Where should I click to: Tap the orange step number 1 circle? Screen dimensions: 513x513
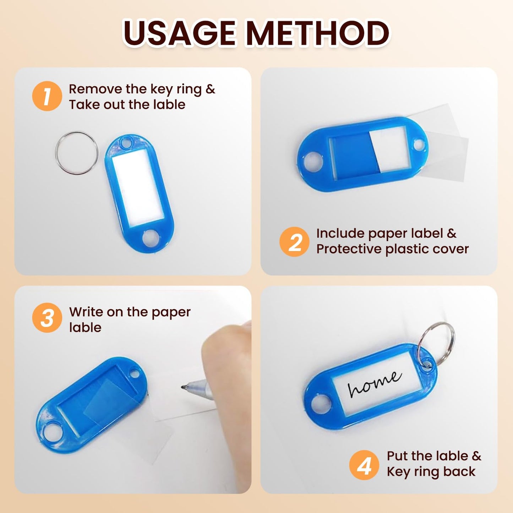click(x=47, y=96)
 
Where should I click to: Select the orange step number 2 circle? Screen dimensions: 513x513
click(x=294, y=242)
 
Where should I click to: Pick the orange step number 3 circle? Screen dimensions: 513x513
click(x=47, y=318)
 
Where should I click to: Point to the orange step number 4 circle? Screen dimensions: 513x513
click(x=364, y=465)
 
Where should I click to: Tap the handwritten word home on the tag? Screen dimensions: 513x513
click(x=375, y=384)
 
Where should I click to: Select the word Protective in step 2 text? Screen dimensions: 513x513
click(x=349, y=249)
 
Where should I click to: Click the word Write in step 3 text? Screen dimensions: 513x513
click(x=86, y=312)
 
